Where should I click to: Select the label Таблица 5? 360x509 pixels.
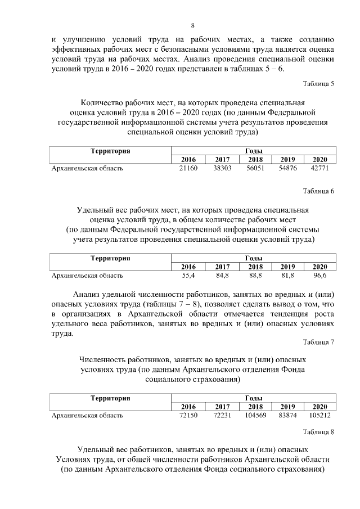318,84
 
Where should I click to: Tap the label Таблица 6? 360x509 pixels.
318,191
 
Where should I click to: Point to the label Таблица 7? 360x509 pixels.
318,341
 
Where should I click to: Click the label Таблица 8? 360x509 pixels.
318,432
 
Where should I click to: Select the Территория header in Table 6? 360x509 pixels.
110,258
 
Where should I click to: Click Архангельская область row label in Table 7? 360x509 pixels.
87,416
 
